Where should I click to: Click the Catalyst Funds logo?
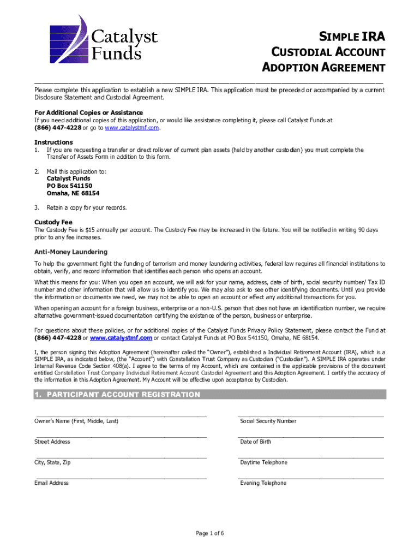click(104, 38)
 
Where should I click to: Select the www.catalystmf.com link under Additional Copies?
click(132, 128)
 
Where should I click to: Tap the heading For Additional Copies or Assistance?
click(88, 112)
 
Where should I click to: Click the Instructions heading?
click(53, 142)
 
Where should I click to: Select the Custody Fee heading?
click(53, 222)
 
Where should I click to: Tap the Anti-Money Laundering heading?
click(71, 252)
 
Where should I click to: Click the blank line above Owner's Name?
click(121, 415)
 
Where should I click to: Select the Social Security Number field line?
click(311, 415)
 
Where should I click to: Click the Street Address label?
click(52, 442)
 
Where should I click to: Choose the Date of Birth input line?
click(311, 437)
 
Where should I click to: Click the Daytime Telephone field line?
click(311, 457)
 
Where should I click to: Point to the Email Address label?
click(52, 483)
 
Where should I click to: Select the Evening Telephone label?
click(263, 483)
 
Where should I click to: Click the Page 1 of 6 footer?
click(210, 533)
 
